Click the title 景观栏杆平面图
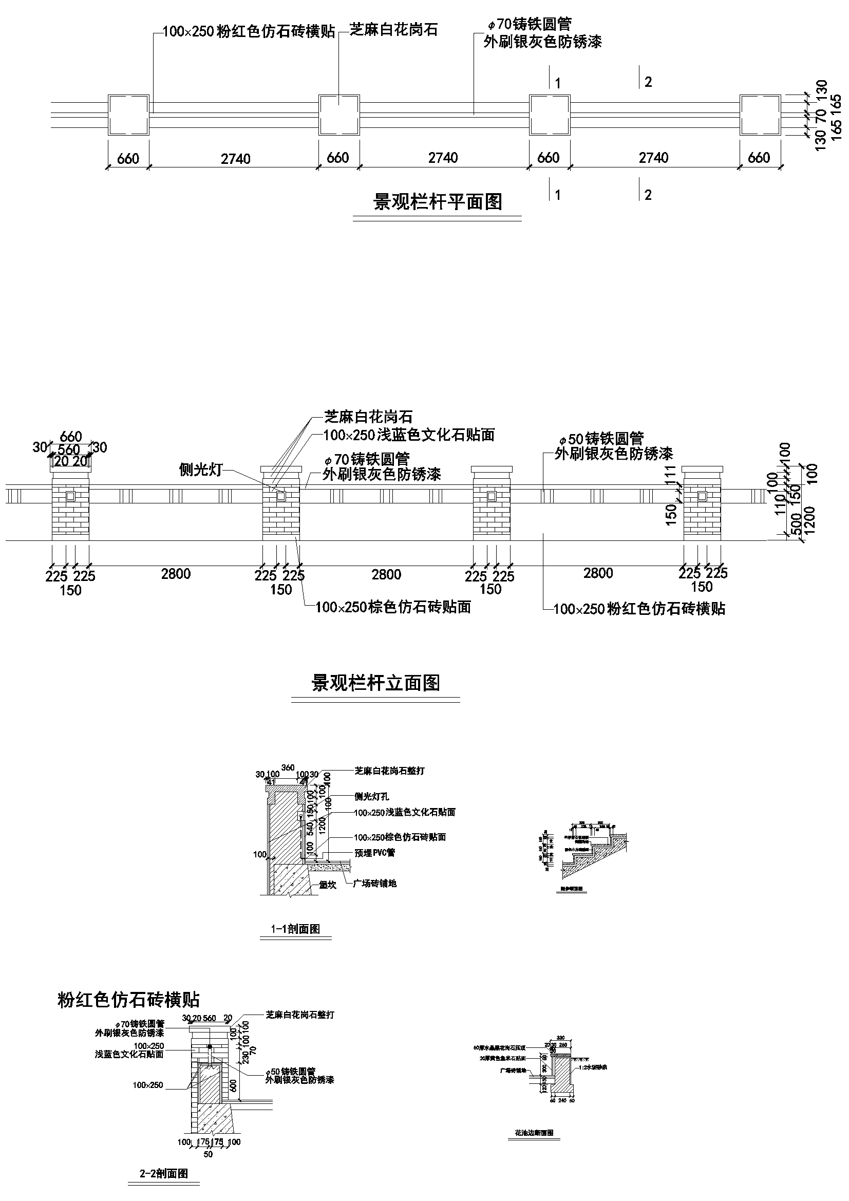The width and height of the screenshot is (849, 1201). tap(437, 201)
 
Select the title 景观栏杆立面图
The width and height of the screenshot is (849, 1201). tap(375, 683)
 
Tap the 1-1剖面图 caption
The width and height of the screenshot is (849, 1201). tap(295, 929)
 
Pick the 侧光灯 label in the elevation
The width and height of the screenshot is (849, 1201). tap(201, 470)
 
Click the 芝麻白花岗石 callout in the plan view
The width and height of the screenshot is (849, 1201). tap(393, 30)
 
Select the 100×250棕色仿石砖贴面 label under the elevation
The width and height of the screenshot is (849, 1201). tap(393, 607)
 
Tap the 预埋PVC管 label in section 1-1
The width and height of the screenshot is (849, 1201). tap(374, 853)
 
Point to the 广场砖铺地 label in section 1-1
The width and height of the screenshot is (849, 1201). tap(374, 884)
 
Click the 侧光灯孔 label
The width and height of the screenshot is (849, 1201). tap(371, 797)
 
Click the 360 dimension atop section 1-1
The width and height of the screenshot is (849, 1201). tap(288, 767)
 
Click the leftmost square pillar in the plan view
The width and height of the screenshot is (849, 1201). tap(129, 115)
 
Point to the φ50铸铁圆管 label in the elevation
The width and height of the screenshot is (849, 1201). tap(600, 438)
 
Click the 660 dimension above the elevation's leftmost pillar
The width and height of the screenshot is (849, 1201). tap(70, 436)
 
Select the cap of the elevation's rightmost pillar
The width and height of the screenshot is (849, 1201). tap(703, 469)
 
